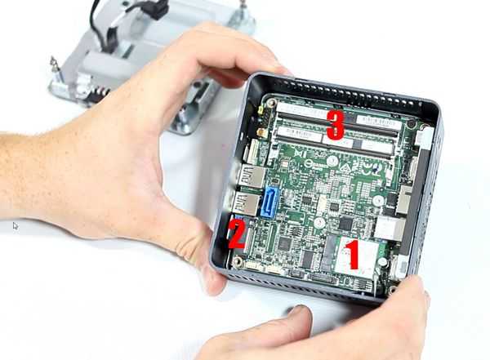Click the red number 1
[351, 255]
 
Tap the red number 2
[236, 233]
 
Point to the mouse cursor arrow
[15, 225]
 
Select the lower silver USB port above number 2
[244, 204]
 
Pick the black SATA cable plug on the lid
[155, 10]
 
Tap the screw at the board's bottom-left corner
[238, 261]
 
